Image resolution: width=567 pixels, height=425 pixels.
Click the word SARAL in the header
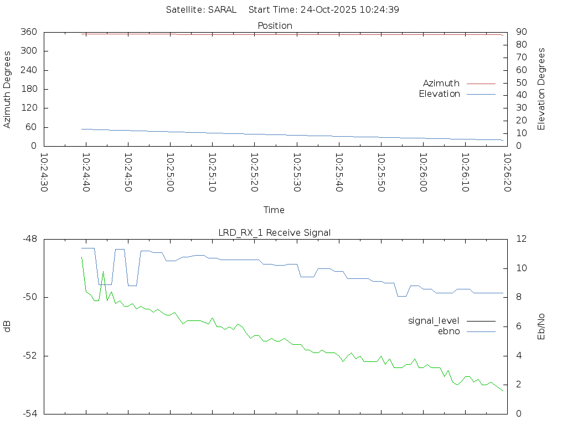coord(222,9)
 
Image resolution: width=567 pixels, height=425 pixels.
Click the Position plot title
coord(275,25)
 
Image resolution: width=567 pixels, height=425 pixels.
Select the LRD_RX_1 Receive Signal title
coord(275,232)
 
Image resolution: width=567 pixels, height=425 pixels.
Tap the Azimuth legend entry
coord(441,83)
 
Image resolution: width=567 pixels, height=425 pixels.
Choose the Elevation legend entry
coord(439,94)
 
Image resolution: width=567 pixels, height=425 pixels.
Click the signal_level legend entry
coord(434,320)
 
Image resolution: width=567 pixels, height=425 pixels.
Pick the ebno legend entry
coord(449,331)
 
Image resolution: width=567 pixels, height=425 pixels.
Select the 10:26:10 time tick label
coord(465,173)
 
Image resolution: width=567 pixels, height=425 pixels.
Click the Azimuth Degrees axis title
coord(7,89)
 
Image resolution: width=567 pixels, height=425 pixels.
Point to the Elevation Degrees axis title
coord(542,89)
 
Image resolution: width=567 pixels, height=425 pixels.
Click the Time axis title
coord(274,210)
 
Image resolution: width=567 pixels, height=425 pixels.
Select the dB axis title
coord(7,326)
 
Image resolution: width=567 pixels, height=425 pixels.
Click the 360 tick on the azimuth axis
coord(29,32)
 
